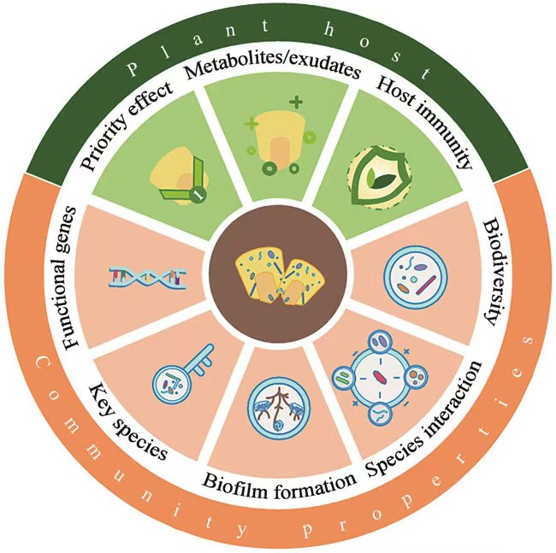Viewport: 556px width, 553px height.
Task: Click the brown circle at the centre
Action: click(279, 275)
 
